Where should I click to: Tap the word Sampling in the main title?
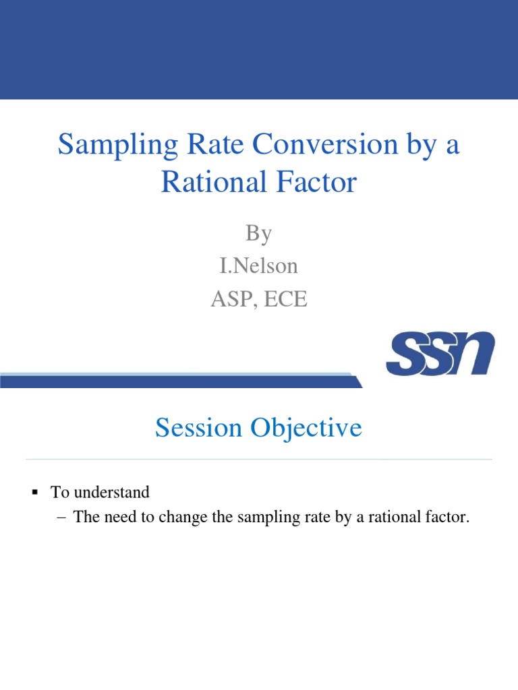coord(110,146)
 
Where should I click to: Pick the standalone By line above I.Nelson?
coord(259,233)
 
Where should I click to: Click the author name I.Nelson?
coord(259,265)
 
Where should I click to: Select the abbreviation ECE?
coord(284,299)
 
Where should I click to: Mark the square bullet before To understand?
coord(34,493)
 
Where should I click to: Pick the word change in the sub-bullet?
coord(170,517)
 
